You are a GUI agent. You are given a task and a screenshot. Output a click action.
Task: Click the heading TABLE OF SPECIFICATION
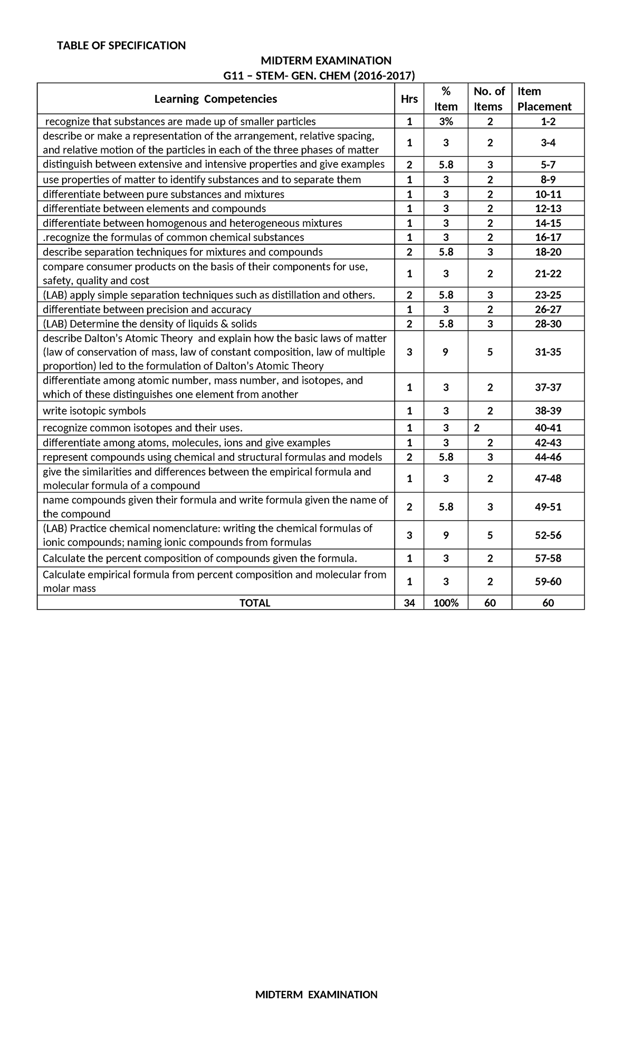pyautogui.click(x=121, y=45)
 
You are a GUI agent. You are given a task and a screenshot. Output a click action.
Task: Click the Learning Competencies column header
pyautogui.click(x=215, y=99)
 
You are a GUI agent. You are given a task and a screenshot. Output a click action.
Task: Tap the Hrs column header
pyautogui.click(x=409, y=99)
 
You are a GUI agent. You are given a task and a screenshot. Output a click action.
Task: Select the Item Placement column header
pyautogui.click(x=544, y=99)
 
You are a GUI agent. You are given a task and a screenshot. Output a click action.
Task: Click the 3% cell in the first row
pyautogui.click(x=446, y=122)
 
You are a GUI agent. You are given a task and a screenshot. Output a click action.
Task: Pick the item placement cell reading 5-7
pyautogui.click(x=548, y=165)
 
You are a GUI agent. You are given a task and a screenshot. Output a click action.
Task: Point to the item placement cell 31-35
pyautogui.click(x=548, y=352)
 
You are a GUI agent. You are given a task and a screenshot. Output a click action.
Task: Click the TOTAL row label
pyautogui.click(x=255, y=603)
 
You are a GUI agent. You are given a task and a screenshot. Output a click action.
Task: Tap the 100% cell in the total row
pyautogui.click(x=446, y=603)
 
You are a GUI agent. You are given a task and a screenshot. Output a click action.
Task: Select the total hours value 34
pyautogui.click(x=409, y=603)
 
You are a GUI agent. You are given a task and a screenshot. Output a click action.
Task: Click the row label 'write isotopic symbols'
pyautogui.click(x=94, y=411)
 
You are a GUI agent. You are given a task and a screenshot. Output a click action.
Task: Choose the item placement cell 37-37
pyautogui.click(x=548, y=388)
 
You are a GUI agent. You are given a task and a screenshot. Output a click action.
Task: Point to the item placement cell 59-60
pyautogui.click(x=548, y=582)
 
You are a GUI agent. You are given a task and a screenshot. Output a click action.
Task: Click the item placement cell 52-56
pyautogui.click(x=548, y=535)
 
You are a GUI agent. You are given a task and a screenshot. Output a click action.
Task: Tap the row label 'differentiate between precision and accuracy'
pyautogui.click(x=147, y=310)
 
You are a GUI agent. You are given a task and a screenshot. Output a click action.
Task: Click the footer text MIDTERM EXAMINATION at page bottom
pyautogui.click(x=316, y=995)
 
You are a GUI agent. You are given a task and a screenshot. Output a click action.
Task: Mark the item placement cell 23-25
pyautogui.click(x=548, y=295)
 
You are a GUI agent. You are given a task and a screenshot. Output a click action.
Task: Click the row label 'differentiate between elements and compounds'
pyautogui.click(x=154, y=208)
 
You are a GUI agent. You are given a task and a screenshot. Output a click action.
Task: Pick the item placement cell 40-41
pyautogui.click(x=548, y=428)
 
